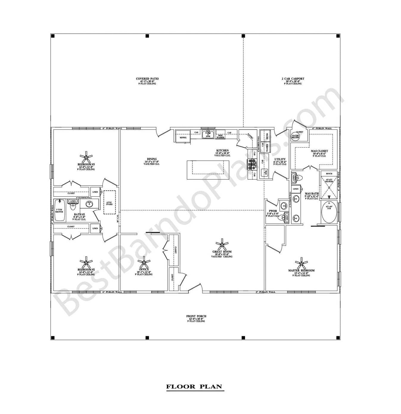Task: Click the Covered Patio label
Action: pyautogui.click(x=147, y=79)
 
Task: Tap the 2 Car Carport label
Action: pyautogui.click(x=293, y=79)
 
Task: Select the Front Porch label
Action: pyautogui.click(x=196, y=316)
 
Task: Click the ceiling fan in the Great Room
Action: pyautogui.click(x=222, y=245)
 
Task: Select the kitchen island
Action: pyautogui.click(x=208, y=170)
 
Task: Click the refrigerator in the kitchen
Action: pyautogui.click(x=183, y=137)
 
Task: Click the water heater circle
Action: pyautogui.click(x=295, y=137)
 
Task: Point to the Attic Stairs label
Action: pyautogui.click(x=109, y=203)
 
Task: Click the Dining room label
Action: pyautogui.click(x=152, y=159)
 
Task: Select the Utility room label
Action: pyautogui.click(x=280, y=159)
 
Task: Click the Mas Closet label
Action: pyautogui.click(x=319, y=151)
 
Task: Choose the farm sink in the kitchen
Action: pyautogui.click(x=208, y=135)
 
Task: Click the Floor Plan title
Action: pyautogui.click(x=194, y=387)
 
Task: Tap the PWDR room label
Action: pyautogui.click(x=273, y=211)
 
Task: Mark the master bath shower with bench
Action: pyautogui.click(x=329, y=186)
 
